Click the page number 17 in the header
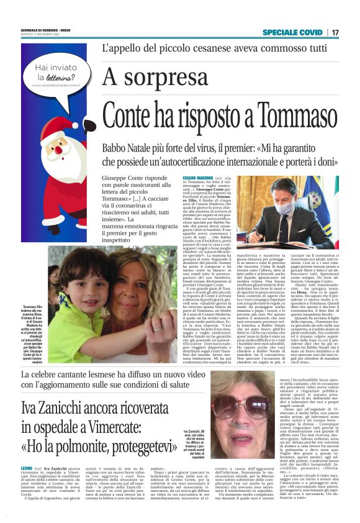335,32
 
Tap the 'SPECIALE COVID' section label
292,32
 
